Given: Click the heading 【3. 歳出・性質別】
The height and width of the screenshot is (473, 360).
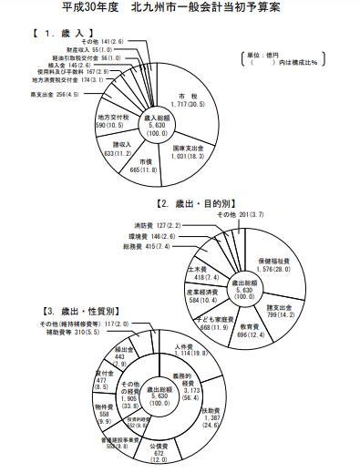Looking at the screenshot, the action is pyautogui.click(x=46, y=311).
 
